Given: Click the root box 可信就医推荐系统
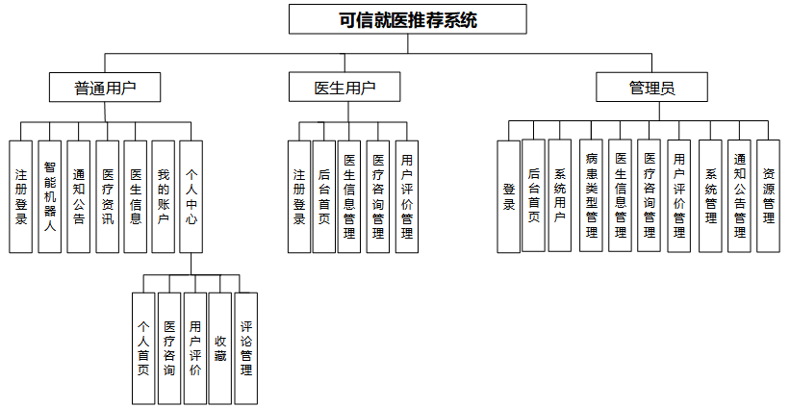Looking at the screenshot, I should tap(408, 19).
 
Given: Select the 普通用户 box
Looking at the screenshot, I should tap(105, 89).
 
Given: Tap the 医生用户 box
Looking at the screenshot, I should tap(344, 89).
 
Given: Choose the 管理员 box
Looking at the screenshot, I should tap(651, 89).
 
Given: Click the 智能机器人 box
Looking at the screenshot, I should tap(49, 196).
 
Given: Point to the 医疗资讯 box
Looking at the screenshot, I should tap(107, 196).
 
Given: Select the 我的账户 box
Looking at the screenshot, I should tap(164, 196).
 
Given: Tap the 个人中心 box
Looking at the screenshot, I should tap(191, 196).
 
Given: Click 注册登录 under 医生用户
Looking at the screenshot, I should tap(299, 196).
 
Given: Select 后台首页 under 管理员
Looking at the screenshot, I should tap(533, 196).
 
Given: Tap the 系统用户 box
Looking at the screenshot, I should tap(559, 196).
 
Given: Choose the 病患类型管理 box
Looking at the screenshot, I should tap(592, 196).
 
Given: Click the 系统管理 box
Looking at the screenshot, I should tap(710, 196).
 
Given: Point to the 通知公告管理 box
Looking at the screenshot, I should tap(739, 196).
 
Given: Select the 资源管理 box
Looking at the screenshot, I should tap(768, 196).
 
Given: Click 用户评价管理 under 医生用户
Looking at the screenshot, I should tap(407, 196).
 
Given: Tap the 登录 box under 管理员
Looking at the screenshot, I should tap(508, 196).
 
